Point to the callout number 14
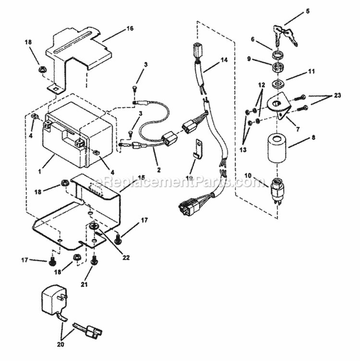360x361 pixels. (x=223, y=60)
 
